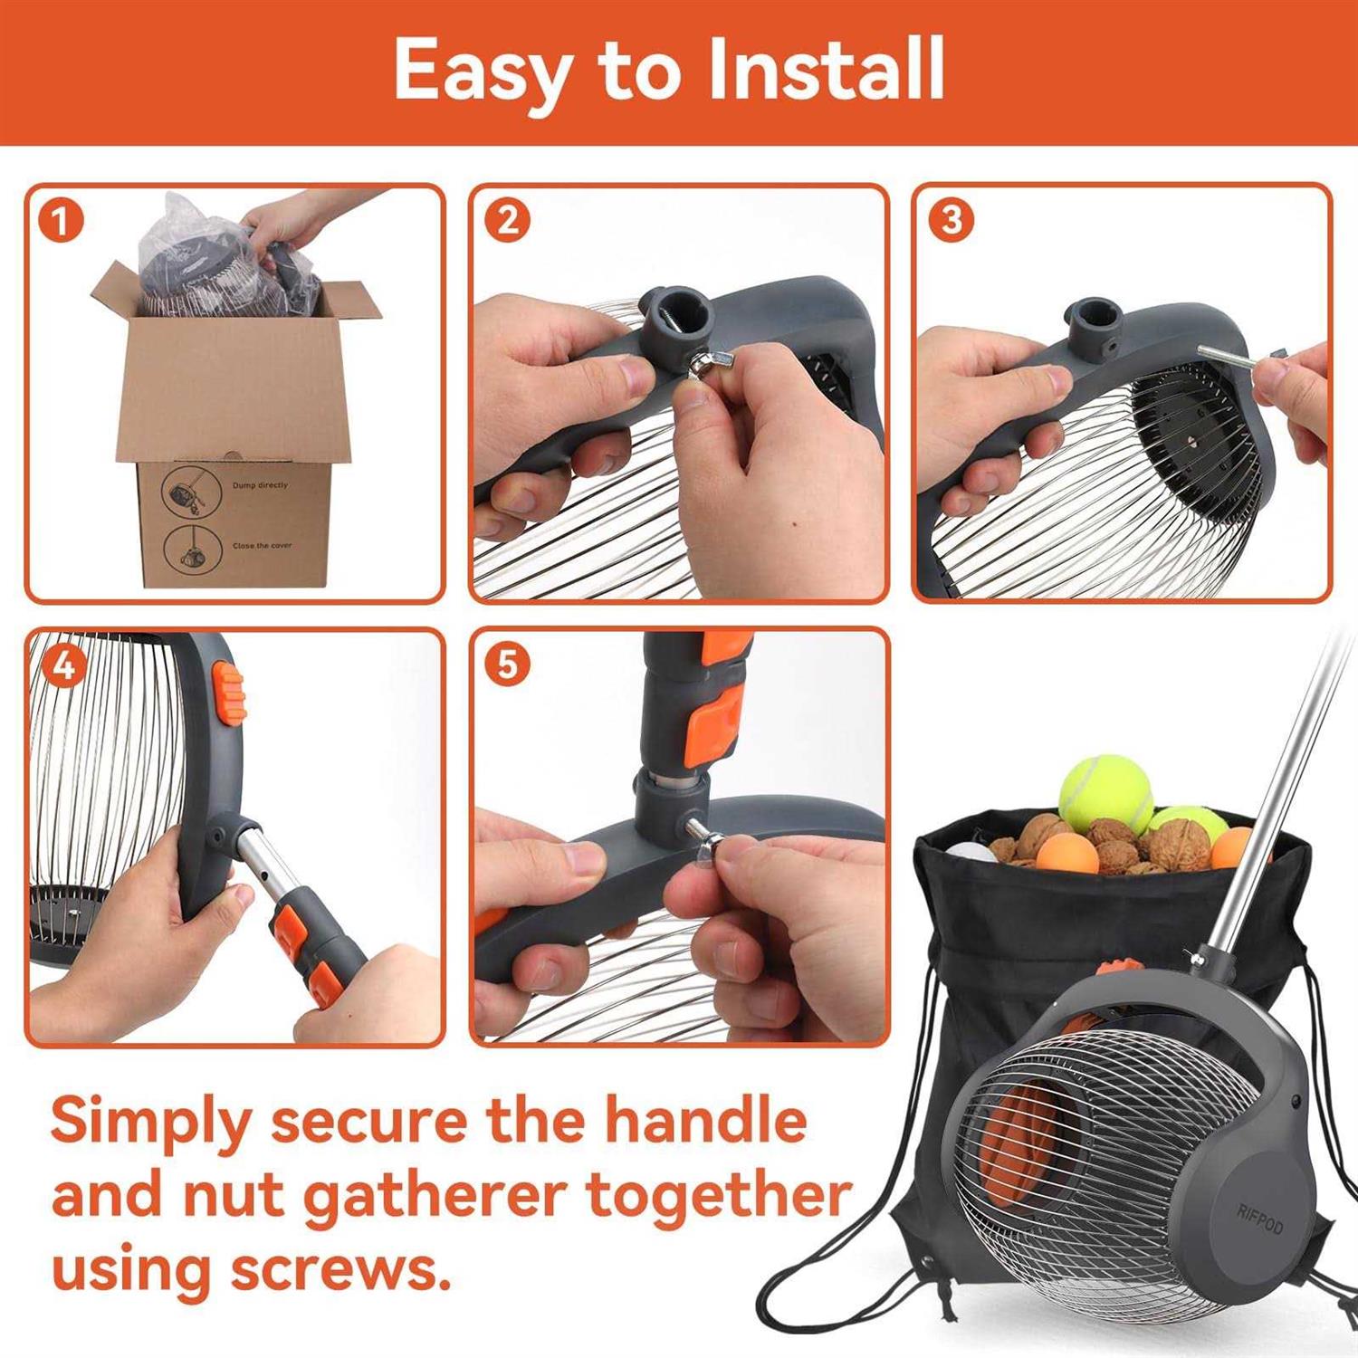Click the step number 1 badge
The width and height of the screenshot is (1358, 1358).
point(62,222)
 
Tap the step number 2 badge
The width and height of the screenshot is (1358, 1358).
point(507,222)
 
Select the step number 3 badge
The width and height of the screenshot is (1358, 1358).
point(951,222)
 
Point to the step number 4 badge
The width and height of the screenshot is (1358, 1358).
point(63,666)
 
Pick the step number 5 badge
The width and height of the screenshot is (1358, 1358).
point(507,665)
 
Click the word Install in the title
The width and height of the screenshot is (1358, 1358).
point(825,71)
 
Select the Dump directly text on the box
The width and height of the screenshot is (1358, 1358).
point(260,485)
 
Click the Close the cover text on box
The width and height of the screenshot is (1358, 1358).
point(262,546)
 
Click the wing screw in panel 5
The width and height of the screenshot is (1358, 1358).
point(702,833)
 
